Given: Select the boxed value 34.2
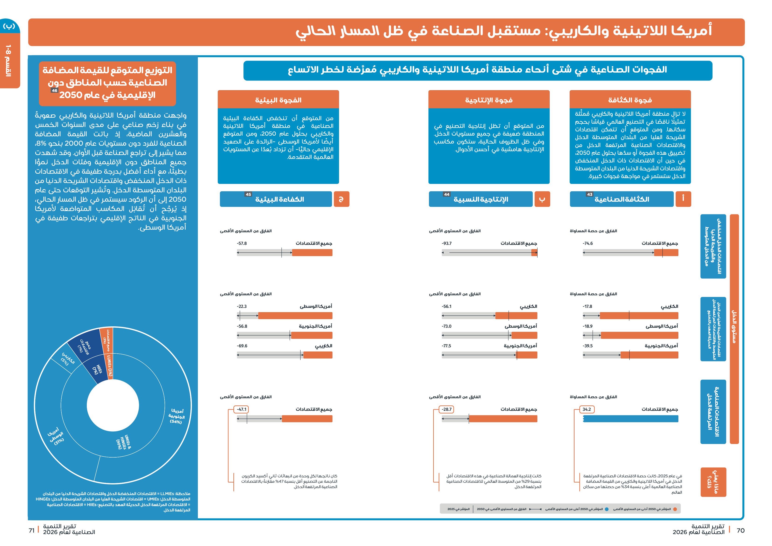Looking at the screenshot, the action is point(587,409).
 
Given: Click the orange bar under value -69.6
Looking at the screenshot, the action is point(318,355).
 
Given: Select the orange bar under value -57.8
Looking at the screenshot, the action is point(312,253).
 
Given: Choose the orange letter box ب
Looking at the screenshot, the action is point(542,199).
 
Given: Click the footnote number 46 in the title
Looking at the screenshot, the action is point(54,91).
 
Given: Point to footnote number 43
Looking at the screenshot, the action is point(590,194).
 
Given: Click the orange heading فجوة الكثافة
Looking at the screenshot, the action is point(630,100).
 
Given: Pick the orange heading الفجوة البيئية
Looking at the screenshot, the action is point(278,100).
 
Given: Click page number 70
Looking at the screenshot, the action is point(740,531).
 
